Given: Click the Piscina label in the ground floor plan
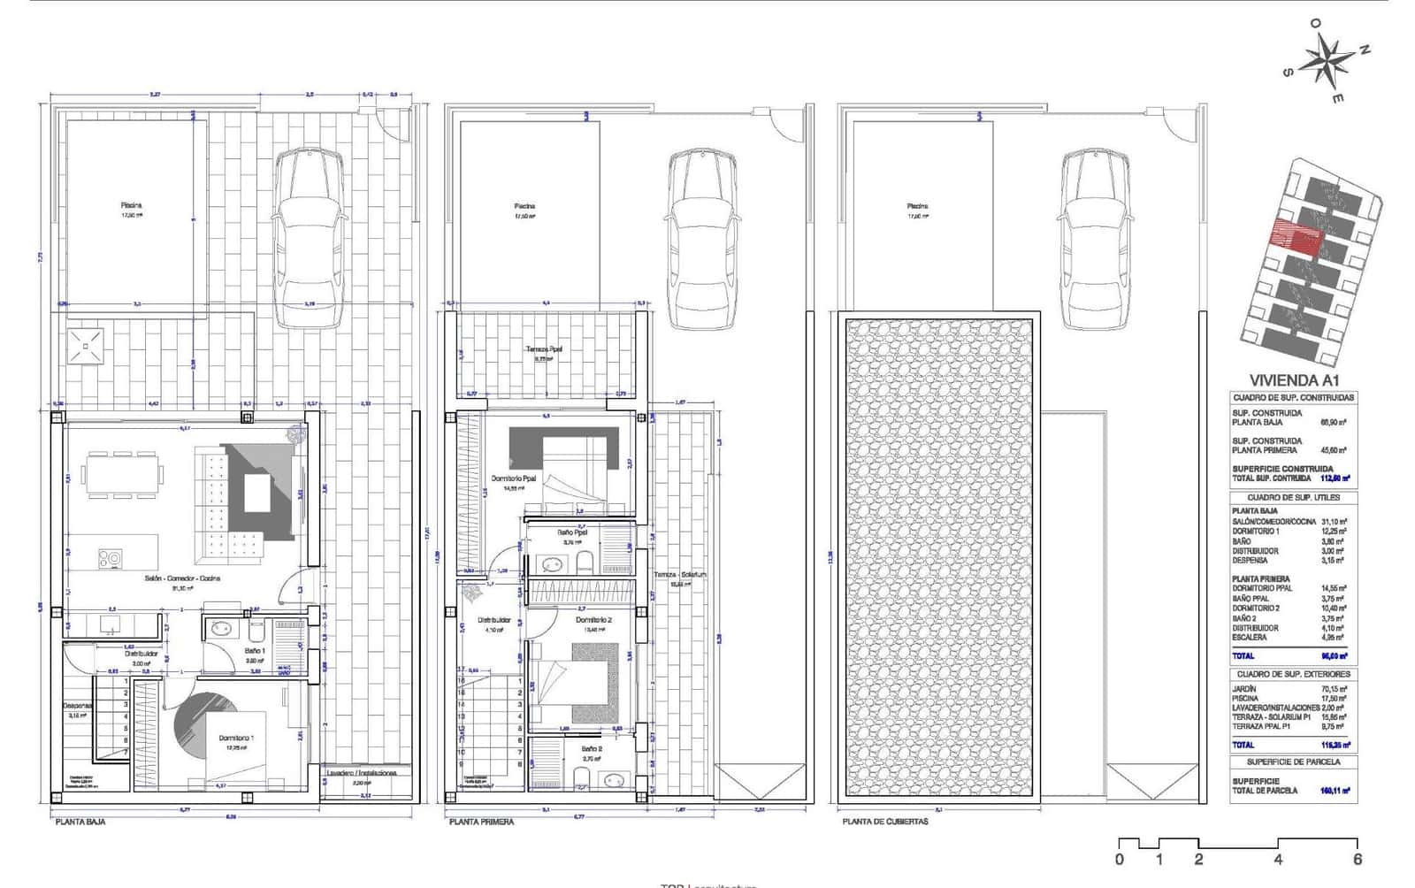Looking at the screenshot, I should tap(131, 205).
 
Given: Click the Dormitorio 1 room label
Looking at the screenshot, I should tap(236, 738).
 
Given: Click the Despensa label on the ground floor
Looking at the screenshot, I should tap(78, 706).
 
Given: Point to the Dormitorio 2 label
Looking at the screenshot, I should tap(593, 620).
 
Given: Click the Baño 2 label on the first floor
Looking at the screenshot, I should tap(592, 748).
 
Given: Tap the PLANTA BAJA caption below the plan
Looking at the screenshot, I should tap(80, 822).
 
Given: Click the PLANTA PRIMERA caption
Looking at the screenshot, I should tap(481, 822).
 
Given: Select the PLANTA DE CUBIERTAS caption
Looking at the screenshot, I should tap(885, 822).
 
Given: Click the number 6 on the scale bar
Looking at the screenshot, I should tap(1357, 859).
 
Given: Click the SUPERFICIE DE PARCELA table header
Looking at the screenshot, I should tap(1293, 762).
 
